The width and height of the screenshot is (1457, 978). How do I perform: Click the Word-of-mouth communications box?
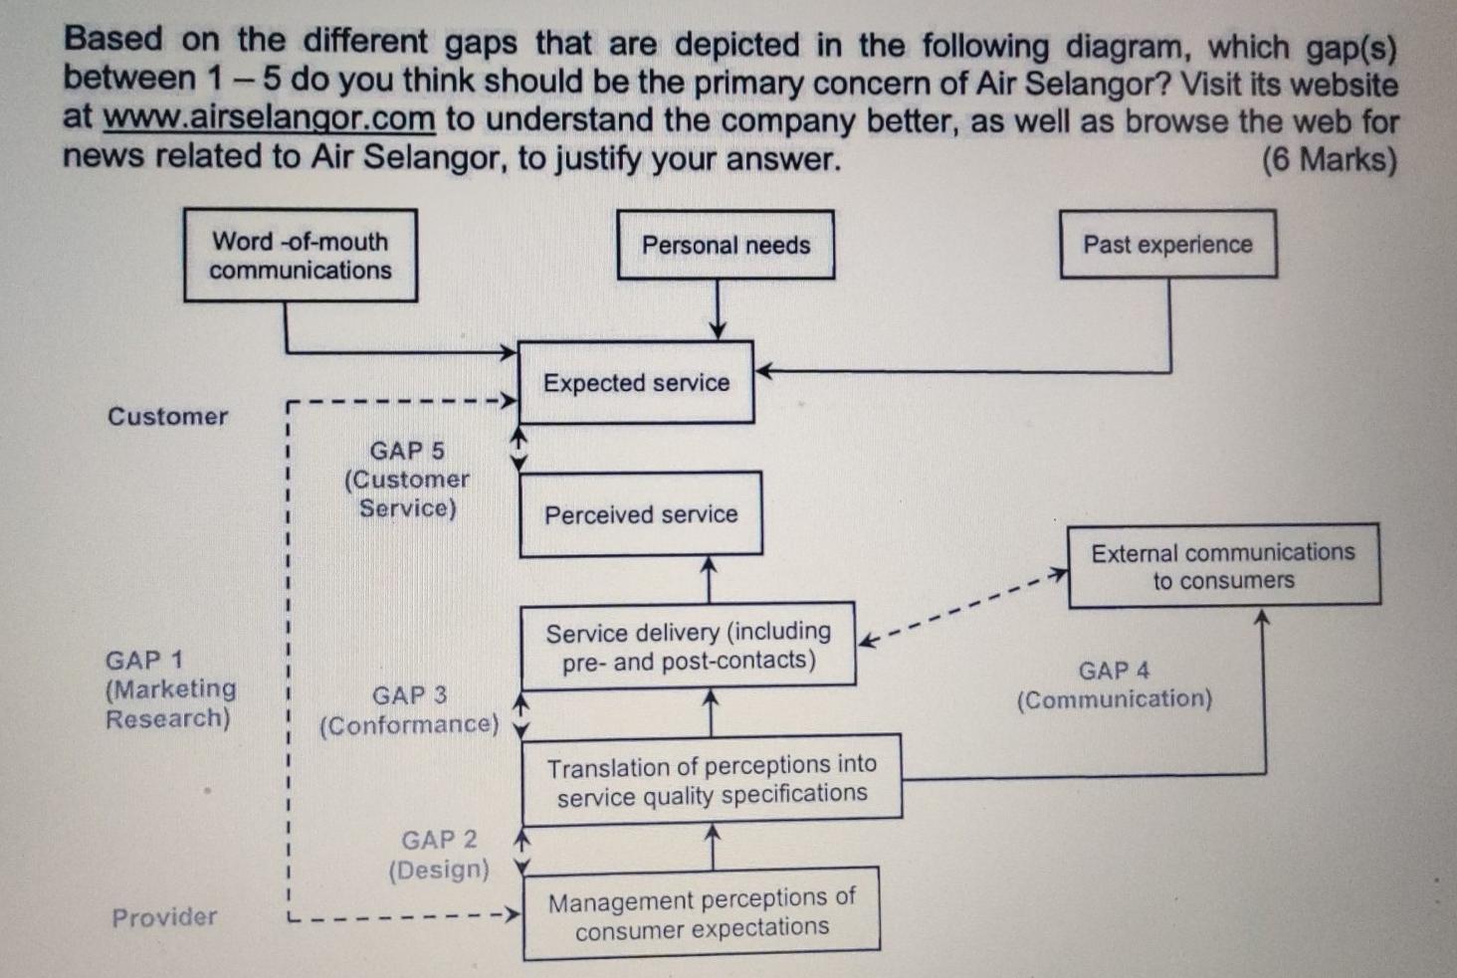click(x=300, y=256)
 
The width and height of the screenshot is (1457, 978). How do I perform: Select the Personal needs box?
click(x=726, y=245)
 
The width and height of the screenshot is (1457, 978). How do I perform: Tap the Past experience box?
click(x=1167, y=245)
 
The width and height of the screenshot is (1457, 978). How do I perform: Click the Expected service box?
click(x=636, y=383)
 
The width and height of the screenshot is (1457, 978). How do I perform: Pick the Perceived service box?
click(x=640, y=514)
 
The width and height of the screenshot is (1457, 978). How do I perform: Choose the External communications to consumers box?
click(x=1223, y=565)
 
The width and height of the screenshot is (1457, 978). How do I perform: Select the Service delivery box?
click(x=688, y=646)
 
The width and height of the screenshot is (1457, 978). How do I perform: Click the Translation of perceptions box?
click(x=712, y=780)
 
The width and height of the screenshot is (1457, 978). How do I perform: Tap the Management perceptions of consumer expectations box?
click(x=701, y=913)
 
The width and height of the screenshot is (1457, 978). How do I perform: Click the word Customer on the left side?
click(x=167, y=416)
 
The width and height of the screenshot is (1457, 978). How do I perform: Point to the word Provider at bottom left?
click(x=164, y=916)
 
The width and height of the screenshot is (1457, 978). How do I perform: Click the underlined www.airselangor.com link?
click(x=269, y=118)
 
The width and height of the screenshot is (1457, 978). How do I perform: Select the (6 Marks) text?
click(x=1329, y=159)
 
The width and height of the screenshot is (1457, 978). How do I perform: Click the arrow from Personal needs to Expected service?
click(x=718, y=309)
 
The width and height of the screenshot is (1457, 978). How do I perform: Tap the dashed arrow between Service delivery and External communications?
click(x=962, y=606)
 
